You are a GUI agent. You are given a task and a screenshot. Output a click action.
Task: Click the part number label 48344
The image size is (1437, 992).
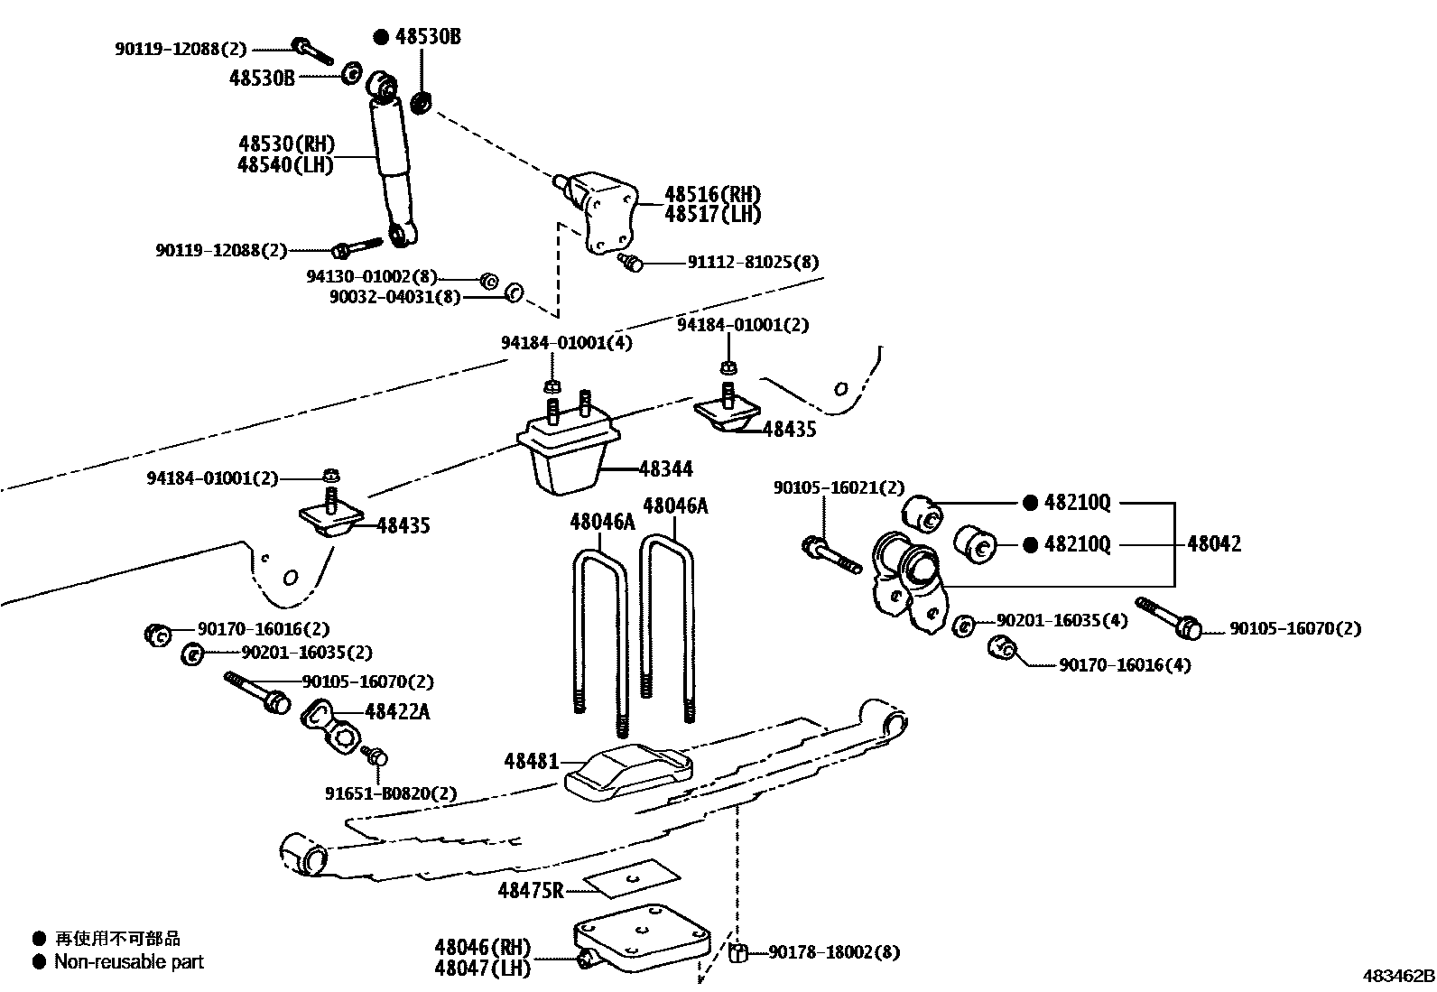click(665, 468)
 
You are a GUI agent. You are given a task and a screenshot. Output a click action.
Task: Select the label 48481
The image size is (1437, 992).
click(532, 762)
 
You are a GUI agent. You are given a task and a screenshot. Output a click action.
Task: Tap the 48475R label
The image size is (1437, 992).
click(531, 890)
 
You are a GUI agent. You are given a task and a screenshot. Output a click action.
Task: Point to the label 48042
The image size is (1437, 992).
click(1213, 543)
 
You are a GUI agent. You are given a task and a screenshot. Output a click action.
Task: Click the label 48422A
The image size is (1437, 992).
click(397, 712)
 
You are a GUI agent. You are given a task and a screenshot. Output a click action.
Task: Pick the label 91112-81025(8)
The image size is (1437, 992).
click(753, 263)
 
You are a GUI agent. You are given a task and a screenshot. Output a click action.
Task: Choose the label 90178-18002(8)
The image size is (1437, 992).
click(833, 951)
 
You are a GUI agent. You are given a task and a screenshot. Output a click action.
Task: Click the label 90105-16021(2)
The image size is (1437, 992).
click(838, 487)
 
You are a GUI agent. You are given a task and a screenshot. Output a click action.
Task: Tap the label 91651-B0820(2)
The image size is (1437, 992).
click(391, 793)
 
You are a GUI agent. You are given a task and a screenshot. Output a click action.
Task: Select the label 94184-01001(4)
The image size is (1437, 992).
click(567, 342)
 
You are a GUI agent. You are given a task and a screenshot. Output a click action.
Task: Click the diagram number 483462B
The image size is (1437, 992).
click(1398, 976)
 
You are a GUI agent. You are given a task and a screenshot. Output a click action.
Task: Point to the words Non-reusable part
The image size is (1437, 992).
click(128, 961)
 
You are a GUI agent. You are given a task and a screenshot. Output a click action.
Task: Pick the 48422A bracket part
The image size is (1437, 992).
click(330, 727)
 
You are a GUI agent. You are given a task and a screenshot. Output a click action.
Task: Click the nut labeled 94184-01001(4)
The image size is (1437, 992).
click(549, 387)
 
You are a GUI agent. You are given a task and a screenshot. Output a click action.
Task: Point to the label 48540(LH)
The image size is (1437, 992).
click(286, 164)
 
